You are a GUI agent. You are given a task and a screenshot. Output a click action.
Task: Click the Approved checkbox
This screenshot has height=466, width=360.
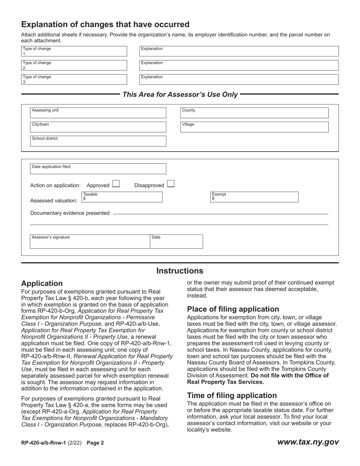click(116, 184)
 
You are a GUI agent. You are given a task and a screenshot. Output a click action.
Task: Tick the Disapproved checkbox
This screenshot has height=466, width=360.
click(171, 184)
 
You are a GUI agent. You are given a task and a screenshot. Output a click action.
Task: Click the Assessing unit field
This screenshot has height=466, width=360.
click(98, 113)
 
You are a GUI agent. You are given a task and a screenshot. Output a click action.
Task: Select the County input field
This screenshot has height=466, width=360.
click(254, 113)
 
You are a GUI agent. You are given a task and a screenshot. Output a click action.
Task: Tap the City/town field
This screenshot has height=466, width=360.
click(98, 127)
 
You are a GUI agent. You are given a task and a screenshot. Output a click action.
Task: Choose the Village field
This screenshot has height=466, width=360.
click(254, 127)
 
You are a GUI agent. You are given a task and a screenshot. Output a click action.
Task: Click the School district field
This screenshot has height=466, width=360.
click(98, 141)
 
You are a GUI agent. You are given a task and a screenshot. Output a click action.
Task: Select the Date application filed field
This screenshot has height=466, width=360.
click(98, 169)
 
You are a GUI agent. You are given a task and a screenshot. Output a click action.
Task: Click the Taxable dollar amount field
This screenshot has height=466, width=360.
click(122, 197)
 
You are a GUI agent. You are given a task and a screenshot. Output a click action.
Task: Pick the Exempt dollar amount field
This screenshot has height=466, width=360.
click(254, 197)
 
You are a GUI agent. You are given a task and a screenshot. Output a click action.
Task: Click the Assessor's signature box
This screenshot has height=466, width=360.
click(90, 241)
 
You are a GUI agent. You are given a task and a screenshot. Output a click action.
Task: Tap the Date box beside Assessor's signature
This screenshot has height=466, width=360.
click(176, 241)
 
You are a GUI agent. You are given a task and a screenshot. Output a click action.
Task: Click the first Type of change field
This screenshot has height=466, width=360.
click(74, 51)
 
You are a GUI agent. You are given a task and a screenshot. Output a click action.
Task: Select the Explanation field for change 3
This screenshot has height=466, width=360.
click(239, 79)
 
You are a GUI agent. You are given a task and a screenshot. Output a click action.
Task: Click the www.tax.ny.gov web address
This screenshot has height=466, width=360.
click(308, 442)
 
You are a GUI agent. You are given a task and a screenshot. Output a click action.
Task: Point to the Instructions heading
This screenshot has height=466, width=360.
click(180, 271)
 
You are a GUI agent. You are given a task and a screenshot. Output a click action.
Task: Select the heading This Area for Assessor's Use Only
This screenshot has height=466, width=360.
click(180, 94)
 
